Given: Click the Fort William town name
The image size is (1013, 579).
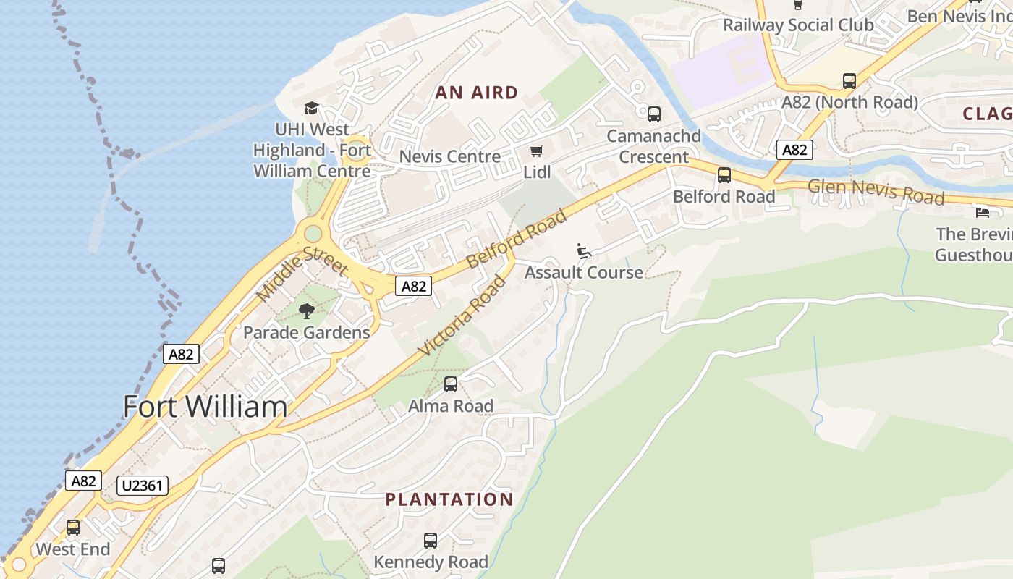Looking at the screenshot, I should click(205, 406).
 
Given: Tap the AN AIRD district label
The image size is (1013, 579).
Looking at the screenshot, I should click(477, 93).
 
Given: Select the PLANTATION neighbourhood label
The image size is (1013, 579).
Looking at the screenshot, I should click(449, 499).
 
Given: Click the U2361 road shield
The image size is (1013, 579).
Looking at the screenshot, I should click(143, 486).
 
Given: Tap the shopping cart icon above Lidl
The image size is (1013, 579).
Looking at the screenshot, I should click(536, 151).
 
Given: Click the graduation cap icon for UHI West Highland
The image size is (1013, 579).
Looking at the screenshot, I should click(311, 109).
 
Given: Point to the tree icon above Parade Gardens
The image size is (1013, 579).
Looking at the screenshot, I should click(307, 311).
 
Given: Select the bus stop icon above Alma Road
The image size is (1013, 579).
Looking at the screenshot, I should click(451, 384).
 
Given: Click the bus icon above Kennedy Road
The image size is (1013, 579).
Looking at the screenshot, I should click(431, 541).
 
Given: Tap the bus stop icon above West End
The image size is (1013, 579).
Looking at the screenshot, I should click(73, 528).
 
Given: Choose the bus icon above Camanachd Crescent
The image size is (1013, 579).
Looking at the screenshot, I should click(654, 114).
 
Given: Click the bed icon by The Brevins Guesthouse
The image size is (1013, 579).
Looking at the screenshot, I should click(983, 212).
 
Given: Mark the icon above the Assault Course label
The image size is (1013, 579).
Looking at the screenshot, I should click(584, 251).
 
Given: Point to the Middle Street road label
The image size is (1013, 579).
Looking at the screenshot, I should click(302, 273).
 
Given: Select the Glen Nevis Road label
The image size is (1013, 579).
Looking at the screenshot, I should click(876, 191).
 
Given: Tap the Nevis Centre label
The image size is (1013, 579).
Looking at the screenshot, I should click(450, 156).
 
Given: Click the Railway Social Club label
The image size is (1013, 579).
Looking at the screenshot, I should click(798, 25).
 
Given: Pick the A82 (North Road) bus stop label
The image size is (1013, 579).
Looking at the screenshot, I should click(849, 102).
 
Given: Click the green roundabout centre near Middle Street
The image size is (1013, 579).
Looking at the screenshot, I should click(313, 234).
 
